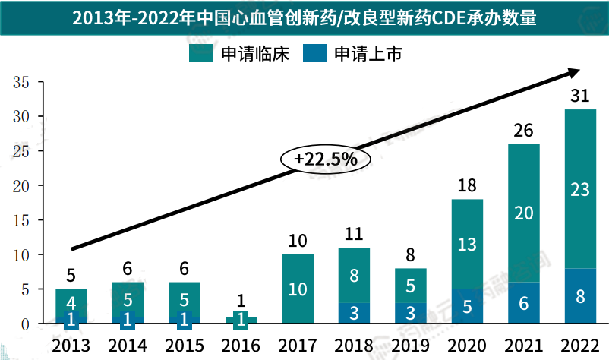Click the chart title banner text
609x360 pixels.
point(304,17)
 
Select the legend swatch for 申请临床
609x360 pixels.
point(200,54)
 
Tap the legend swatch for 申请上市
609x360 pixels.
point(314,54)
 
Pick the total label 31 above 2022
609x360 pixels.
point(579,95)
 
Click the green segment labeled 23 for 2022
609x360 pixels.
point(579,189)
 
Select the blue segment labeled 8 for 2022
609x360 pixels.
point(579,296)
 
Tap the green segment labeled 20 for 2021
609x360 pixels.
point(523,213)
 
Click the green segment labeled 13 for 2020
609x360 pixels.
point(467,245)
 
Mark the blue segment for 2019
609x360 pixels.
point(410,314)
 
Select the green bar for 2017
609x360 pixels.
point(297,289)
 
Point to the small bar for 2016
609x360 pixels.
point(241,320)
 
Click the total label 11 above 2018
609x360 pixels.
point(354,233)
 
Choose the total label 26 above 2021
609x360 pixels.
point(523,130)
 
